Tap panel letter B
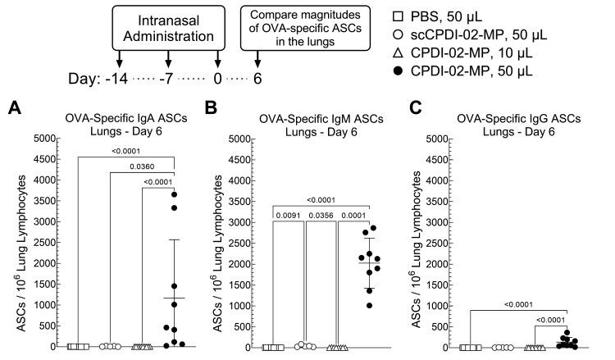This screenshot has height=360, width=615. click(210, 107)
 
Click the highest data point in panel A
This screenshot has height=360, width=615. click(173, 194)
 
